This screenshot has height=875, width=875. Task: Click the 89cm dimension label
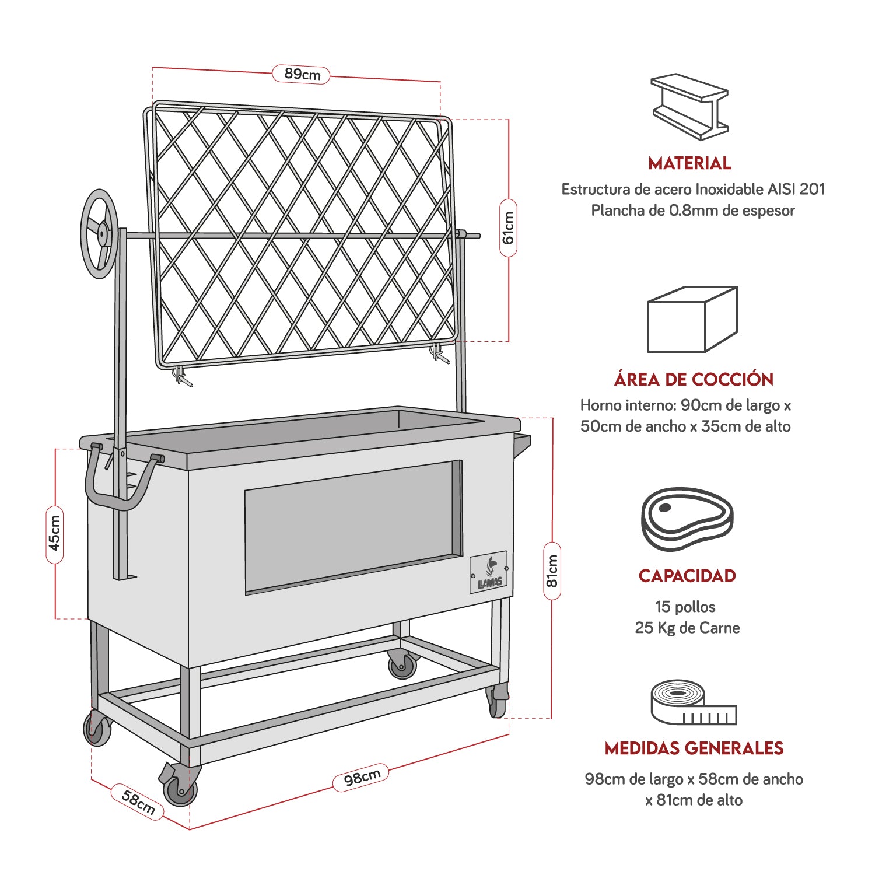click(x=301, y=74)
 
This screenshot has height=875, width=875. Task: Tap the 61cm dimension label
click(x=508, y=228)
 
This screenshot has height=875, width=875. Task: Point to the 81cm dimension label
click(x=552, y=571)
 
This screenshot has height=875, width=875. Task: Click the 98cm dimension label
click(x=361, y=778)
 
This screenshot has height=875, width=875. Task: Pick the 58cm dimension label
click(x=138, y=801)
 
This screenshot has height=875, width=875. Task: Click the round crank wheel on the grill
click(x=100, y=233)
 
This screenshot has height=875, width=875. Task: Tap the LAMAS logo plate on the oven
click(x=489, y=572)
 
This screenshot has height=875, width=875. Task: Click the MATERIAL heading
click(x=689, y=163)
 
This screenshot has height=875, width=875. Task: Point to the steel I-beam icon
click(x=690, y=107)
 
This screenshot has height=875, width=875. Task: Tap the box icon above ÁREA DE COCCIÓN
click(x=692, y=319)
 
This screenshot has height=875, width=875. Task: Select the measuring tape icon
click(x=693, y=702)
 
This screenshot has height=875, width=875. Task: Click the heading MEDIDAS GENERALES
click(x=694, y=748)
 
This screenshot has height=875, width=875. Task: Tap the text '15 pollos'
click(x=685, y=607)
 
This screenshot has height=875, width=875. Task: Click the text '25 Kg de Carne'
click(x=687, y=628)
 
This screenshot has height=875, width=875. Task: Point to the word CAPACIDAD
click(x=687, y=576)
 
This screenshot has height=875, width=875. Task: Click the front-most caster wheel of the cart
click(x=180, y=790)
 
